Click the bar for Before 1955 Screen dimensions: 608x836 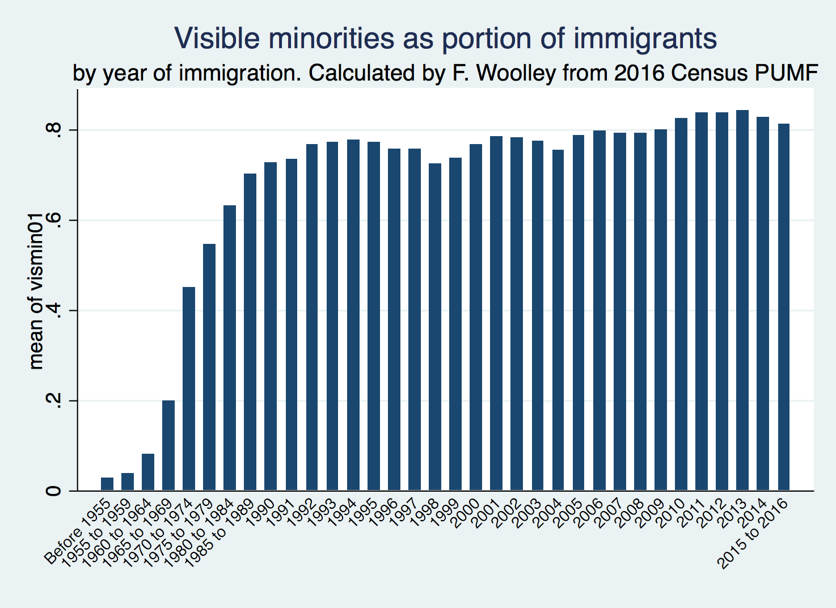click(x=107, y=484)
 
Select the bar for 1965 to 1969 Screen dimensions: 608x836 click(x=168, y=445)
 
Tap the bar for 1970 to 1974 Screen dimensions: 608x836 click(x=189, y=389)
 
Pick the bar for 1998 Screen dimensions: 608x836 click(x=435, y=327)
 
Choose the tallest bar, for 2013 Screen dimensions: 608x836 click(x=742, y=300)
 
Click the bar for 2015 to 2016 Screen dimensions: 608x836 click(x=783, y=307)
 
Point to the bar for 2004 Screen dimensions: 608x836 click(x=558, y=320)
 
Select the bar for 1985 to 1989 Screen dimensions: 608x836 click(x=250, y=332)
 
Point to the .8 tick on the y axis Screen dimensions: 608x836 click(x=54, y=130)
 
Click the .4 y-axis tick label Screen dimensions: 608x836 click(x=54, y=311)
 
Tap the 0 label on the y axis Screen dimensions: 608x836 click(x=54, y=491)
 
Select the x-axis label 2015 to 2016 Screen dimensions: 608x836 click(x=753, y=533)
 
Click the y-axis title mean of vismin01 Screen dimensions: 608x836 click(x=36, y=292)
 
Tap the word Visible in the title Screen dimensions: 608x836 click(x=217, y=39)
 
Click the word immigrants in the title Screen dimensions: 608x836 click(x=645, y=39)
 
